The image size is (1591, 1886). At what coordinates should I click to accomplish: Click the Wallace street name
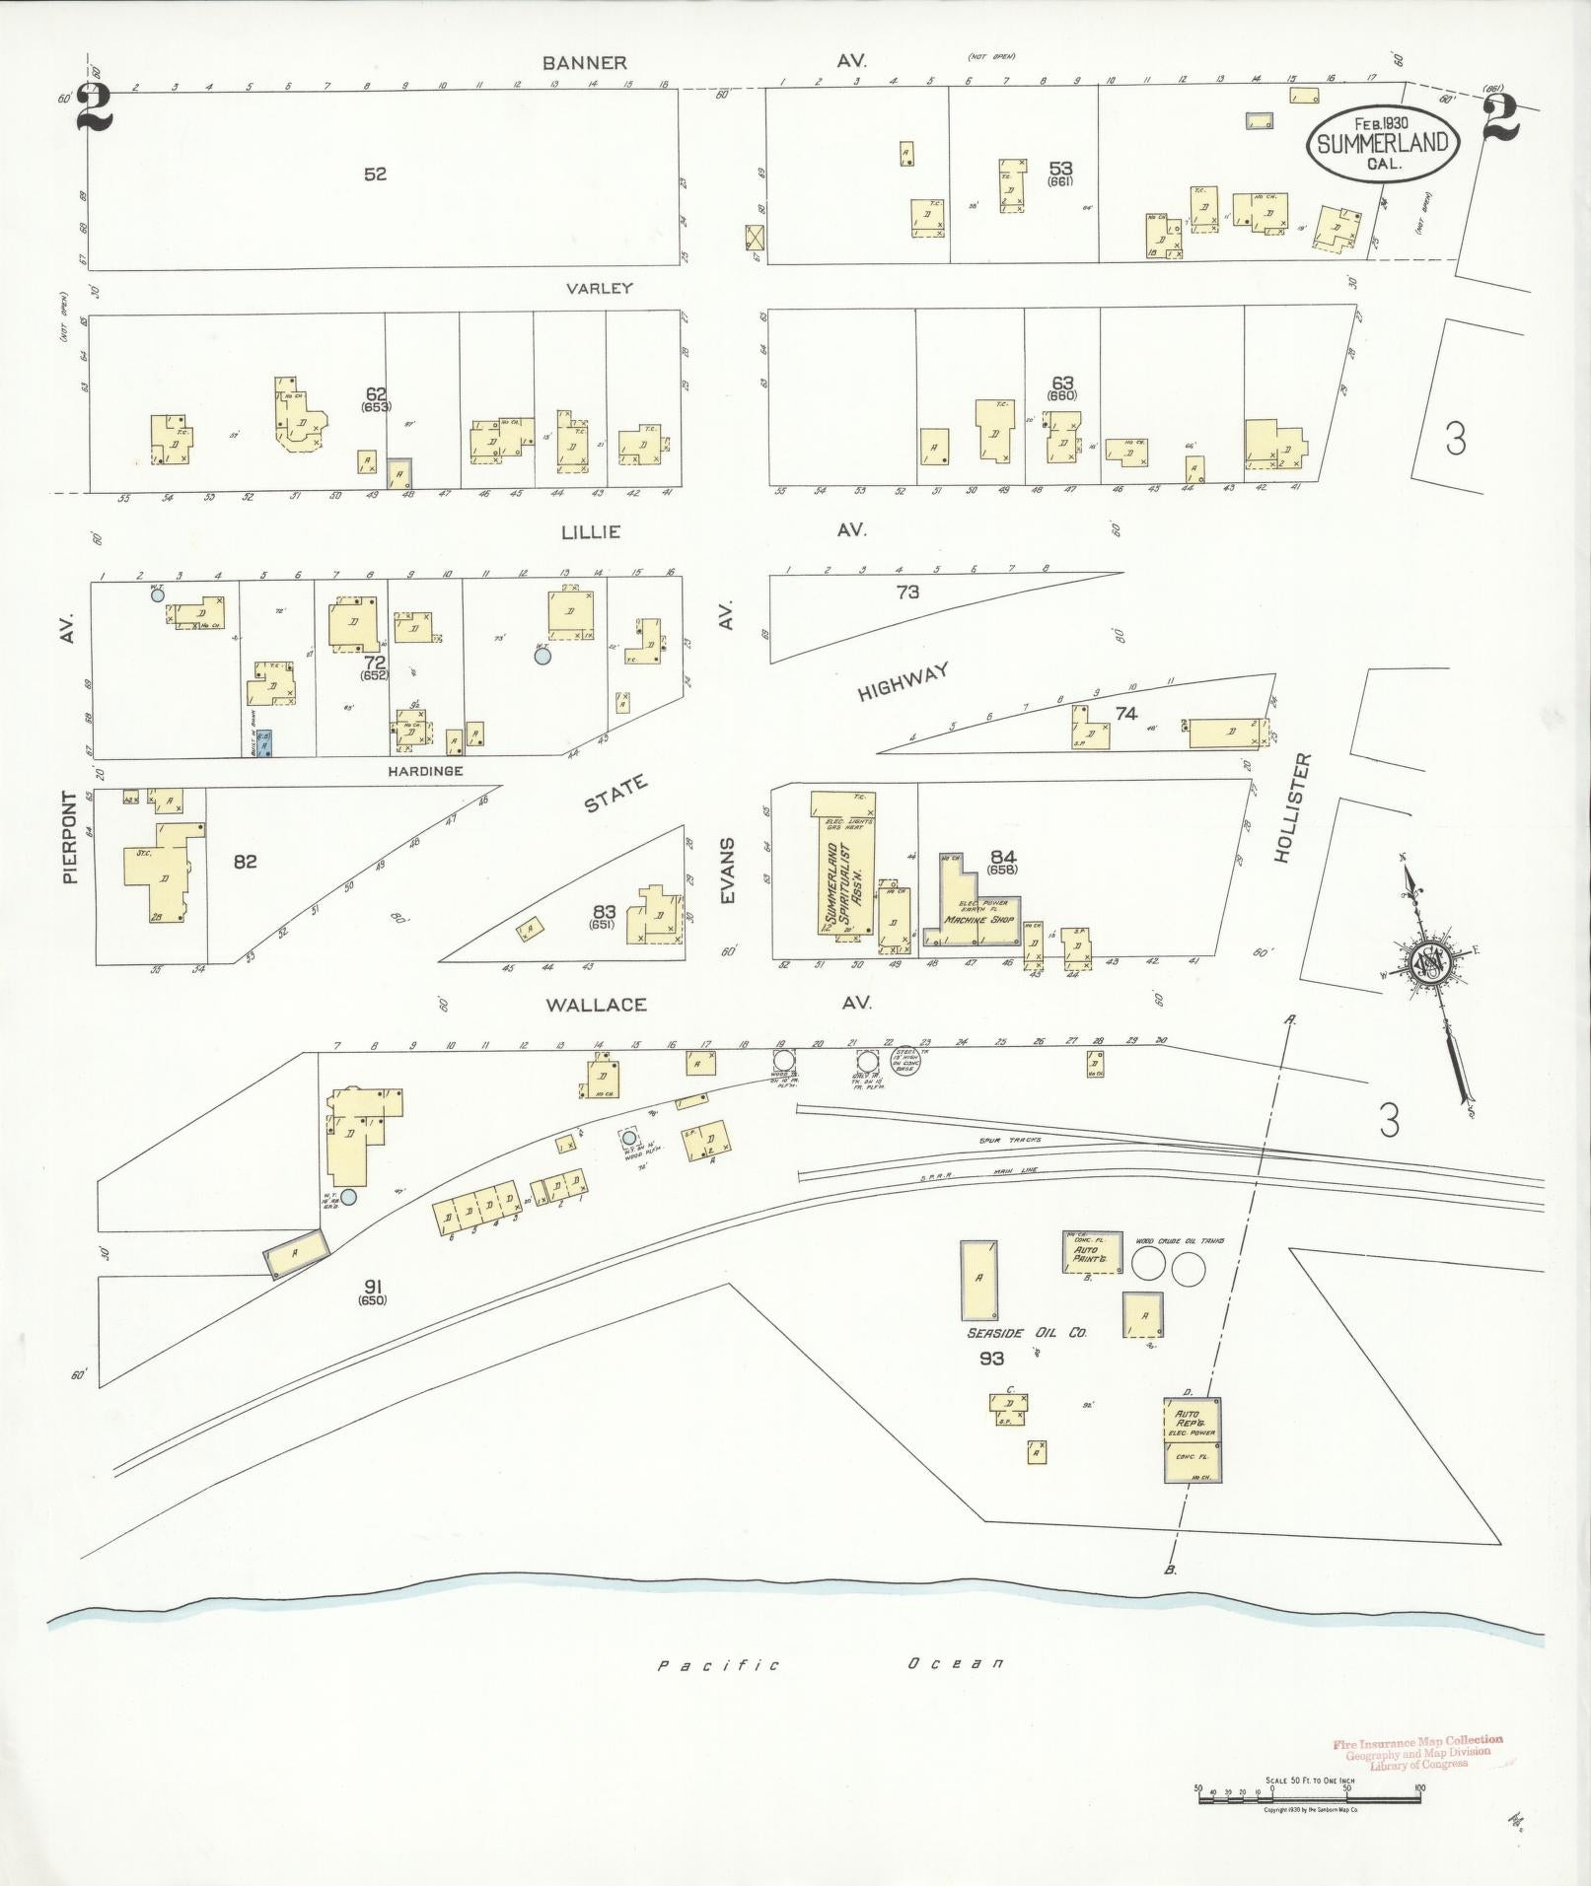(x=597, y=1005)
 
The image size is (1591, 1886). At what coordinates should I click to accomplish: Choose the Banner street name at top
(x=585, y=63)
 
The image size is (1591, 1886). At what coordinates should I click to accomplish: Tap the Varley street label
(x=599, y=289)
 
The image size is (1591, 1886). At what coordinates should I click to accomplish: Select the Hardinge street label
(x=426, y=770)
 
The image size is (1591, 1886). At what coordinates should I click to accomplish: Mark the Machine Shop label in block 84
(x=978, y=919)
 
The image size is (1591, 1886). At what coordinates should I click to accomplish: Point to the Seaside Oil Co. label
(x=1026, y=1332)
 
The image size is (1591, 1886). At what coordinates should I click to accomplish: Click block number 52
(x=375, y=175)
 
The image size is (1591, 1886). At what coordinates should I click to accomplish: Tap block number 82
(x=245, y=862)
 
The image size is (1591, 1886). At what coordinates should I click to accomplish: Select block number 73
(x=907, y=592)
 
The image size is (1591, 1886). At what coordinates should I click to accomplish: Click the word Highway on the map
(x=903, y=682)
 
